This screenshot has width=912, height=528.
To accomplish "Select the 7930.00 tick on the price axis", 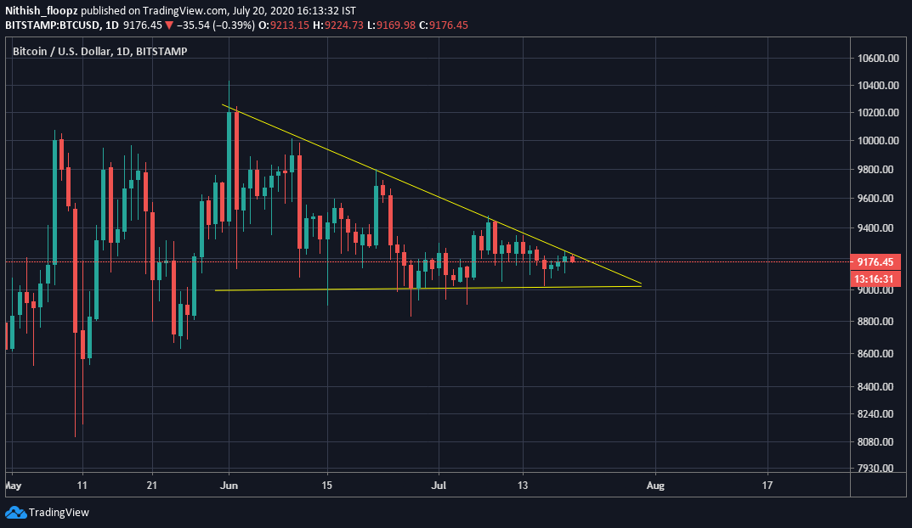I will pos(877,469).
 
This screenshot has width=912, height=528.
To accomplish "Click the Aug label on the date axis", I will pos(654,486).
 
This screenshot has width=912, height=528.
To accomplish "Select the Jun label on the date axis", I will pos(229,486).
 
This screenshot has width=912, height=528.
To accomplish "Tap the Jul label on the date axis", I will pos(439,486).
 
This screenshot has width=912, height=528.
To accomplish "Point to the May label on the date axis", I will pos(12,486).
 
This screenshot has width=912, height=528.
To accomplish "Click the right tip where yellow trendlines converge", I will pos(641,284).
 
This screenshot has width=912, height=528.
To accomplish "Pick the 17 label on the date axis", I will pos(768,486).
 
